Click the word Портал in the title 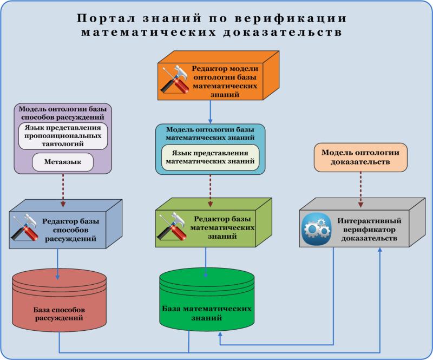[x=106, y=18]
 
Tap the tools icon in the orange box [x=175, y=80]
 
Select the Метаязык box [x=63, y=162]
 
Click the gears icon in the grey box [x=316, y=228]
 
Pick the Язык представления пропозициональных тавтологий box [x=63, y=136]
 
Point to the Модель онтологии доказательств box [x=360, y=157]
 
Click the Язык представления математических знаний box [x=210, y=157]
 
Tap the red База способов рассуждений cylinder [x=59, y=298]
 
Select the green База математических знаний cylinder [x=207, y=299]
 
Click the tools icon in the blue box [x=25, y=228]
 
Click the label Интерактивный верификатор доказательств [x=369, y=230]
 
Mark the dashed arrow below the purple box [x=63, y=191]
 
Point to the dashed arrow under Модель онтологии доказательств [x=360, y=189]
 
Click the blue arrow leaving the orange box [x=210, y=112]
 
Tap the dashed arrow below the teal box [x=210, y=191]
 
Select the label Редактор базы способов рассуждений [x=70, y=230]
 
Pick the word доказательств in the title [x=283, y=32]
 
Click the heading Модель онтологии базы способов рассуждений [x=63, y=113]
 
